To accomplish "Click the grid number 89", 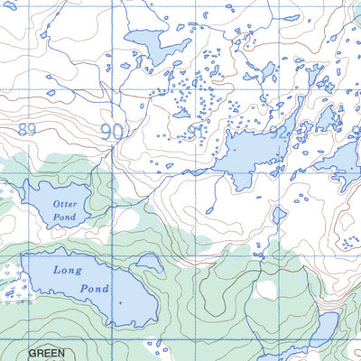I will pos(26,130).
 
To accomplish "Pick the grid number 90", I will pos(112,132).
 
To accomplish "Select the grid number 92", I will pos(279,132).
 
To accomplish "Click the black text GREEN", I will pos(46,353).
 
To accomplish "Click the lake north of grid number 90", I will pos(149,45).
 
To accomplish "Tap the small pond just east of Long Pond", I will pos(148,263).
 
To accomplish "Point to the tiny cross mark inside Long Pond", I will pos(118,303).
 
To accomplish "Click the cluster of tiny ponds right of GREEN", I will pos(159,348).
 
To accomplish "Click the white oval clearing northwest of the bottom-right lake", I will pos(265,290).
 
